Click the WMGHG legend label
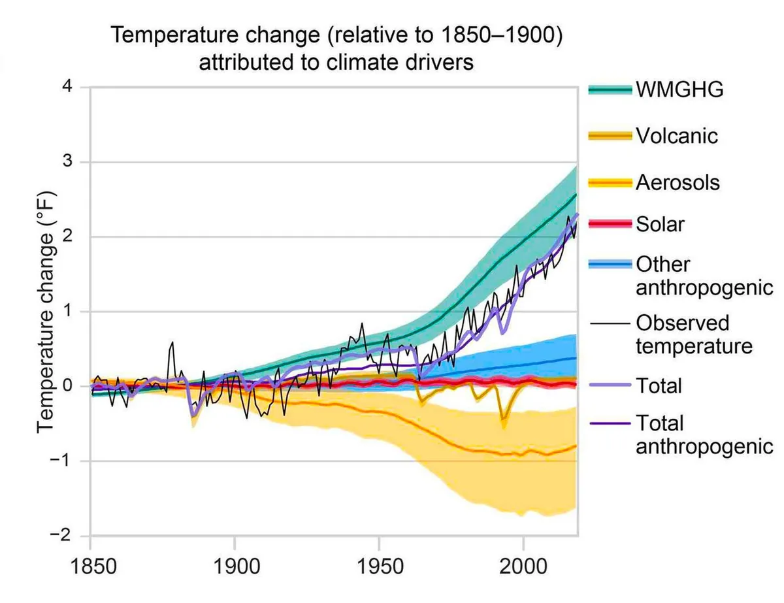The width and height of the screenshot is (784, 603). point(679,90)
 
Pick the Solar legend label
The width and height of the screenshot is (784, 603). point(660,224)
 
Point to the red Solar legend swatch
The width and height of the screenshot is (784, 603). point(610,225)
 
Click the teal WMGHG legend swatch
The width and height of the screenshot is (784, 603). point(610,90)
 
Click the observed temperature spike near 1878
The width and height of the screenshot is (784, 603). point(172,342)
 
